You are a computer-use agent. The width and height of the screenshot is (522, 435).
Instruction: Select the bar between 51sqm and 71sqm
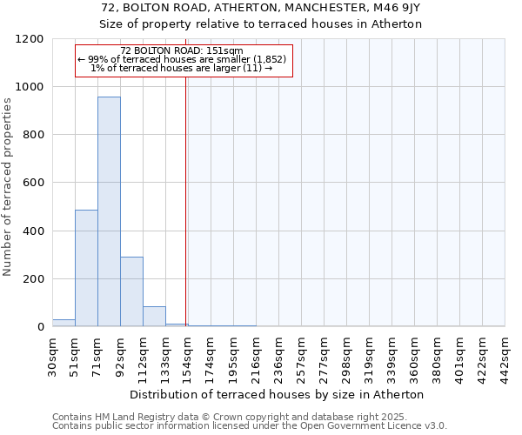tap(86, 268)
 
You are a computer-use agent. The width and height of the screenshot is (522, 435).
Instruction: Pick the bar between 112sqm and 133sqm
tap(154, 317)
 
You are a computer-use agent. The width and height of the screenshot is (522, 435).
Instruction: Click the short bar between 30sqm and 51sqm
tap(64, 323)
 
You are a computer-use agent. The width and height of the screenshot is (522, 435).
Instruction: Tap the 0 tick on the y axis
tap(42, 327)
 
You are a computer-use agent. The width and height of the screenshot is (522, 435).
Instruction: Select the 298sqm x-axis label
tap(347, 354)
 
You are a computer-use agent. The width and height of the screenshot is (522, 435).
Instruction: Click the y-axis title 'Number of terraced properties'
tap(8, 187)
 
